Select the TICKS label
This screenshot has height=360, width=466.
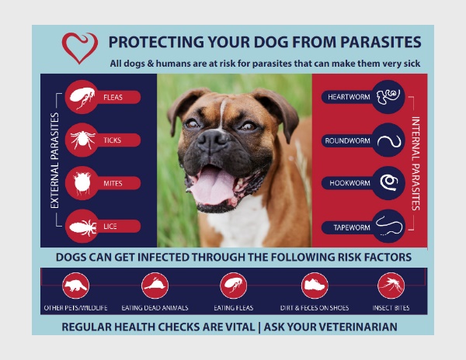pos(113,140)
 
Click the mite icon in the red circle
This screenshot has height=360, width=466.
pos(82,183)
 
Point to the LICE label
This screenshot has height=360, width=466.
pos(110,227)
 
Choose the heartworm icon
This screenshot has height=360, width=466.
pos(388,97)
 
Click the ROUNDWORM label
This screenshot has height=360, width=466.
pos(347,140)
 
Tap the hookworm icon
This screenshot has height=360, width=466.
pos(389,182)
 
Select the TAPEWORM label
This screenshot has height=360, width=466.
pos(352,227)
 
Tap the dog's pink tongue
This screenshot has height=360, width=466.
pos(211,185)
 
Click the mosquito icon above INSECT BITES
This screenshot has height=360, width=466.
pos(391,286)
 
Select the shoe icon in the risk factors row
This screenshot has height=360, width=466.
pos(315,286)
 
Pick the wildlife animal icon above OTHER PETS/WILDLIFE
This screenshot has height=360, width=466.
pos(76,286)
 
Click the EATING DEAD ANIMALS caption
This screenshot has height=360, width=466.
pos(155,308)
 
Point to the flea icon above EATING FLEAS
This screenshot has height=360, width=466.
pos(234,286)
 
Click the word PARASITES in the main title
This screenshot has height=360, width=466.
pos(381,42)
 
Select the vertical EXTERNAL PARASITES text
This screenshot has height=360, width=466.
pos(54,161)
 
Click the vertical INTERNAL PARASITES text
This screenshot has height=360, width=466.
pos(416,164)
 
